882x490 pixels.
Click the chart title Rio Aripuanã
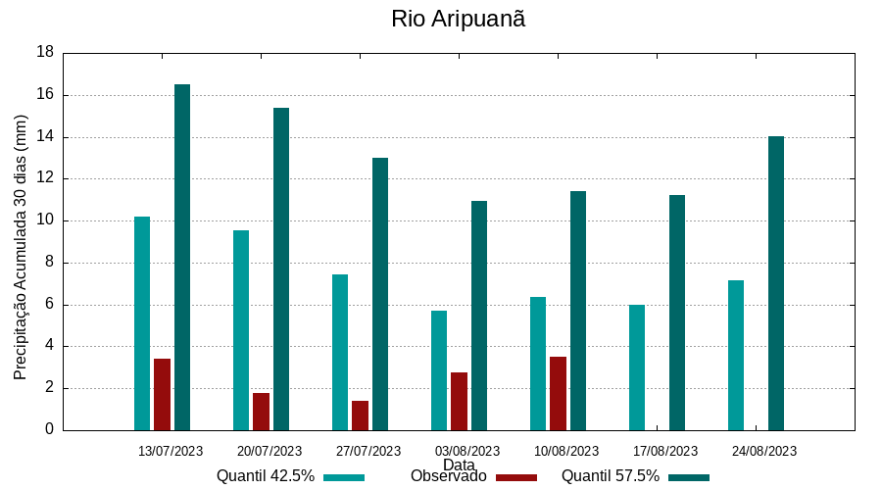click(x=458, y=20)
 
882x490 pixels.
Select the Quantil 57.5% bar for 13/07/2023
click(x=182, y=257)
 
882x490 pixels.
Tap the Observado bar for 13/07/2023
click(x=162, y=394)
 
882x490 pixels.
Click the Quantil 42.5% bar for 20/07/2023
click(x=241, y=330)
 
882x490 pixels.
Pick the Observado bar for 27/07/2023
click(x=360, y=415)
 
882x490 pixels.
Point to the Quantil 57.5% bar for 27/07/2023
click(x=380, y=294)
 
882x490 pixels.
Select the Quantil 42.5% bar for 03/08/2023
click(x=439, y=370)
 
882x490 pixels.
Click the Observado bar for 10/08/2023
click(x=558, y=393)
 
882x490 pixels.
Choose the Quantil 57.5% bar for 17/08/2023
click(x=677, y=313)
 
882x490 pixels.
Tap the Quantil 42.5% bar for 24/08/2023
click(x=736, y=355)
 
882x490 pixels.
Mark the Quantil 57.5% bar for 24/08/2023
click(x=776, y=283)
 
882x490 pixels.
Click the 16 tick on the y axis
click(x=45, y=95)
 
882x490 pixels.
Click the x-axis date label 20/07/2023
click(x=269, y=452)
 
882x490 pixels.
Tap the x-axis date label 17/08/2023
click(x=665, y=452)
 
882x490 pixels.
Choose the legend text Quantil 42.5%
click(x=266, y=476)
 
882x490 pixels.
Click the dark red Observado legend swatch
click(x=516, y=477)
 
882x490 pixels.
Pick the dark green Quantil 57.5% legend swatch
click(x=689, y=477)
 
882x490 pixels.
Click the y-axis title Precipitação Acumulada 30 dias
click(x=21, y=247)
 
